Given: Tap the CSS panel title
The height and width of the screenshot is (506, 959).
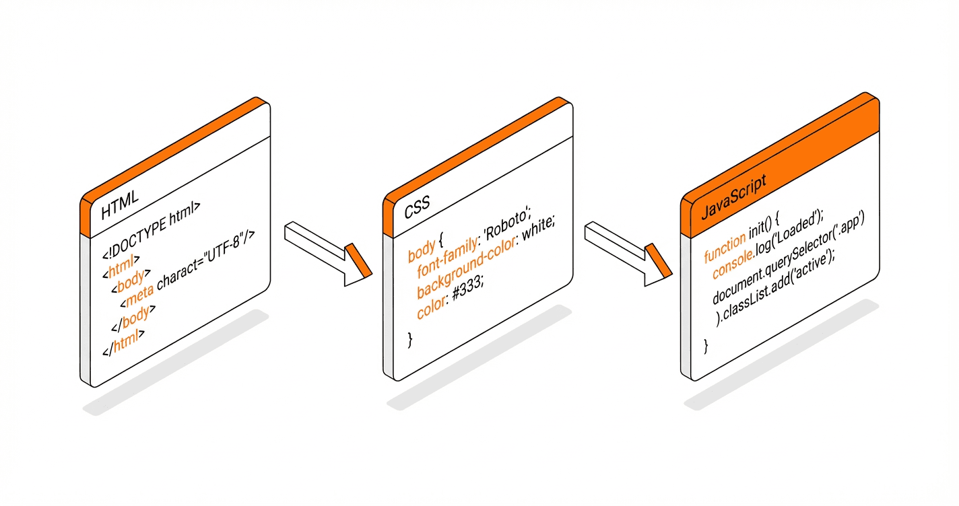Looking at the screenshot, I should pyautogui.click(x=418, y=209).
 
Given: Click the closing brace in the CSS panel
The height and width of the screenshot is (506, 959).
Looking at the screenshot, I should pyautogui.click(x=409, y=340).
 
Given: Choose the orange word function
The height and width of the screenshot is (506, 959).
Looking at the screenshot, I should pyautogui.click(x=725, y=248).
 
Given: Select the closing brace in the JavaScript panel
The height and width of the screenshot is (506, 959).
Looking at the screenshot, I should pyautogui.click(x=706, y=346).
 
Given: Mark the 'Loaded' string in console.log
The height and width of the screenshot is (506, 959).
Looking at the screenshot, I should pyautogui.click(x=797, y=227).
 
